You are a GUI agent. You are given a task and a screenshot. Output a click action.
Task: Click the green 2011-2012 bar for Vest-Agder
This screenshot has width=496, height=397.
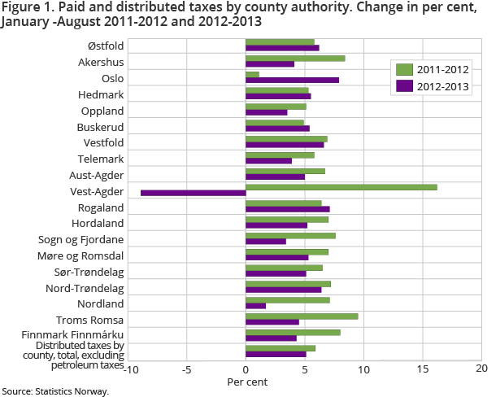(342, 187)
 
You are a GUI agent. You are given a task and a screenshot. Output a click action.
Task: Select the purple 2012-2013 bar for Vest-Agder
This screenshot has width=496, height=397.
(194, 193)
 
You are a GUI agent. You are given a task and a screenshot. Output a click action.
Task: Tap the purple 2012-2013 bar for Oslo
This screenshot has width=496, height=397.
(292, 80)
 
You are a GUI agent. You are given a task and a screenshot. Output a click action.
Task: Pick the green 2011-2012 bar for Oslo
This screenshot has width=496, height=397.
(252, 74)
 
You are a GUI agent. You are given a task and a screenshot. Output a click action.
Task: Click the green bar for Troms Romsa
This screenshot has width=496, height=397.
(302, 316)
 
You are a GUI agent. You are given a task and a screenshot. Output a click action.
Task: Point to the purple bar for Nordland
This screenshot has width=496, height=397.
(255, 306)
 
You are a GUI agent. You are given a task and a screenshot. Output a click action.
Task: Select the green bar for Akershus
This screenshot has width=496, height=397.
(295, 58)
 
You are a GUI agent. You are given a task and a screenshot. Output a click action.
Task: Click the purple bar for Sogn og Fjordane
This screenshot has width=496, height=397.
(266, 241)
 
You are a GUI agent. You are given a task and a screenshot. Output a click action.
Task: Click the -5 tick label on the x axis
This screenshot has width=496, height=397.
(186, 369)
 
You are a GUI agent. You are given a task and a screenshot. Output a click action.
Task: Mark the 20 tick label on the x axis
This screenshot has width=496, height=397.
(481, 369)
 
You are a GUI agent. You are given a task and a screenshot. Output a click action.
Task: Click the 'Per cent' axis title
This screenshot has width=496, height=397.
(247, 381)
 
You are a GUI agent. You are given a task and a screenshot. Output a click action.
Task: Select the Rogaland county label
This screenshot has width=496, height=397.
(100, 207)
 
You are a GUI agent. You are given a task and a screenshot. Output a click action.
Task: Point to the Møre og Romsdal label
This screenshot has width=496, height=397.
(85, 255)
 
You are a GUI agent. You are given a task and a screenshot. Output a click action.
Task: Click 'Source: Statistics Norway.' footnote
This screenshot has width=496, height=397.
(54, 391)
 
